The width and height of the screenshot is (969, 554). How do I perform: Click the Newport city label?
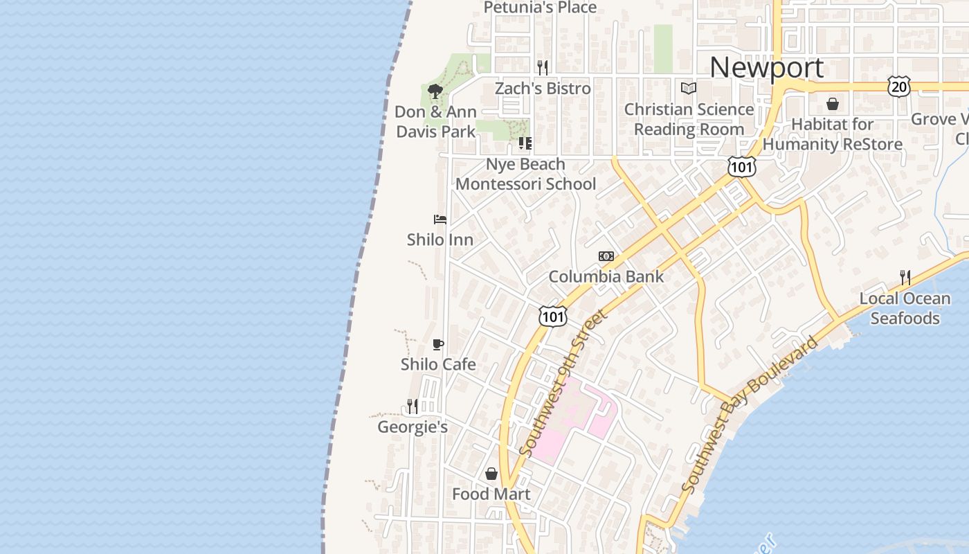(x=766, y=68)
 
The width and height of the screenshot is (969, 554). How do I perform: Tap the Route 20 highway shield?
(x=899, y=87)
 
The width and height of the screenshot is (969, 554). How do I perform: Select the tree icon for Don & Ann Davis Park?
(x=435, y=91)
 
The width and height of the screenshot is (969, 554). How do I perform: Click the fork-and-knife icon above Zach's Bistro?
(x=543, y=67)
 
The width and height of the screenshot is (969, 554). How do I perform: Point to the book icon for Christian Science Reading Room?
(x=688, y=88)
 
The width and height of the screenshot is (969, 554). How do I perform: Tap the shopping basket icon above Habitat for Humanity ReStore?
(x=833, y=104)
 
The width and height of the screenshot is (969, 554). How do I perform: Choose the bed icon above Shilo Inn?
(x=440, y=220)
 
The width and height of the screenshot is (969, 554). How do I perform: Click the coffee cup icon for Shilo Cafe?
(x=437, y=344)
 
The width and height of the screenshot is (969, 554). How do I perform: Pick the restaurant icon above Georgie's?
(x=413, y=406)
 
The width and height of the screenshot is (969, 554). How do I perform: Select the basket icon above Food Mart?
(x=491, y=474)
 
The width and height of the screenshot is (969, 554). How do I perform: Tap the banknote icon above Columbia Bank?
(x=606, y=256)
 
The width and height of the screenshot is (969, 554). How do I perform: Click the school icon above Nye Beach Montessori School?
(x=525, y=143)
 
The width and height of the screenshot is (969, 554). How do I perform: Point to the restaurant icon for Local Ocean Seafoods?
(x=905, y=278)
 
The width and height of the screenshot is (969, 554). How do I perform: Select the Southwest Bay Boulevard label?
(x=749, y=415)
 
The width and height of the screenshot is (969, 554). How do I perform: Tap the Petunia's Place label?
(x=540, y=8)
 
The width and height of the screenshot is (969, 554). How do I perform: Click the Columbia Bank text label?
(x=606, y=277)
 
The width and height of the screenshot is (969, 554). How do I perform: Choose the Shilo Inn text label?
(x=440, y=240)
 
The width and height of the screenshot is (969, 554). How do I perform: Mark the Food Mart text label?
(x=491, y=494)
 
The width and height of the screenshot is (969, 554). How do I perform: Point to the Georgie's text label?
(x=413, y=427)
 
